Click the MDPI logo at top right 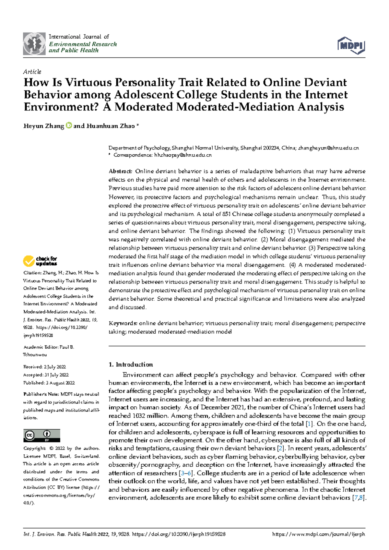tap(351, 45)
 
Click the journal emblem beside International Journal tap(34, 44)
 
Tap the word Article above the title tap(32, 72)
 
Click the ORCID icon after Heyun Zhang tap(69, 126)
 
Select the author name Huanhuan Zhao tap(110, 126)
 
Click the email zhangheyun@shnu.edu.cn tap(328, 148)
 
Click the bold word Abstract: tap(120, 171)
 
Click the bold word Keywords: tap(123, 323)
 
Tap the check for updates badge tap(40, 261)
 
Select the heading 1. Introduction tap(131, 365)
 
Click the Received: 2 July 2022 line tap(44, 367)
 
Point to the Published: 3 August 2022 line tap(49, 383)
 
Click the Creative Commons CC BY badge tap(42, 436)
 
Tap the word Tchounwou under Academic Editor tap(35, 355)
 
